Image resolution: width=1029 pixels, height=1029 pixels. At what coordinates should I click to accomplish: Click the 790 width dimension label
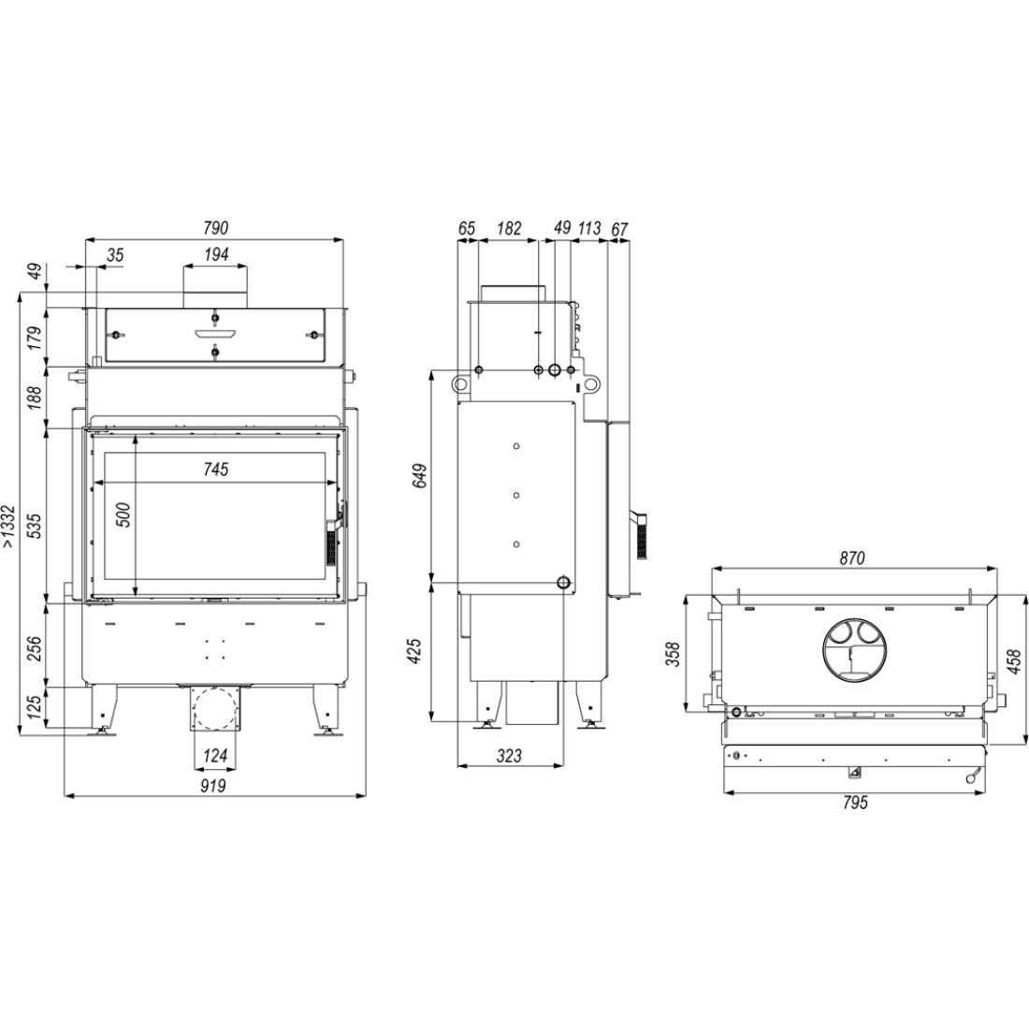click(215, 227)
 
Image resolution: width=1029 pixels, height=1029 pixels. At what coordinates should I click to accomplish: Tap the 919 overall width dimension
click(214, 785)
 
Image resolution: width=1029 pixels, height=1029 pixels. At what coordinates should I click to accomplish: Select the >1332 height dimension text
click(8, 526)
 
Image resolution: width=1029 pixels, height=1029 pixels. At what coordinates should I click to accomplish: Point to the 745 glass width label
click(215, 469)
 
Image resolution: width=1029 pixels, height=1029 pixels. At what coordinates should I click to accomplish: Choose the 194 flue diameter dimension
click(215, 254)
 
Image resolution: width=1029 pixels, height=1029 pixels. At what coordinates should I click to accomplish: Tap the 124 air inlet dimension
click(214, 755)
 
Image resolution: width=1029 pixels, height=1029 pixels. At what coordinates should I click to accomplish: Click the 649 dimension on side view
click(420, 476)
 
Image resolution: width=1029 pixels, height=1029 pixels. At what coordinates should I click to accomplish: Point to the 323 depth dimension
click(509, 755)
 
